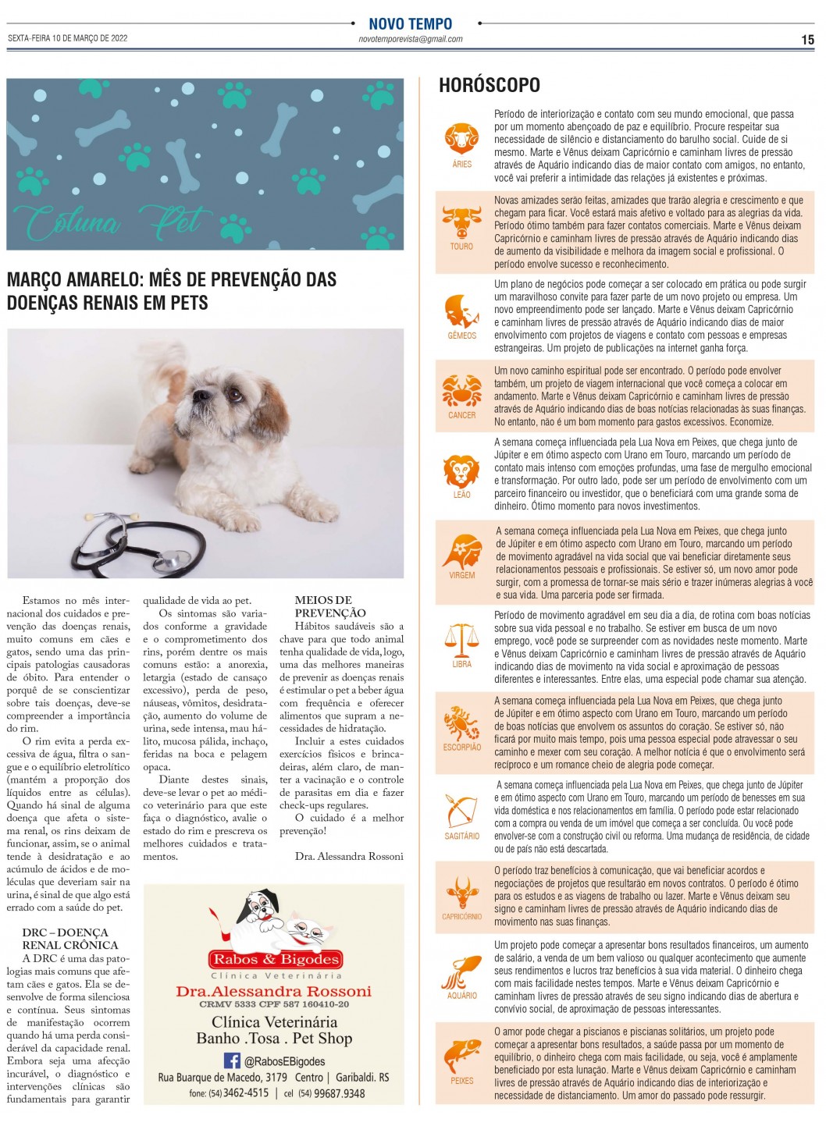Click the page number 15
pos(807,40)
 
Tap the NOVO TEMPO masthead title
pos(410,23)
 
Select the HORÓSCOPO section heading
pos(489,85)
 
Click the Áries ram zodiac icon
pos(461,138)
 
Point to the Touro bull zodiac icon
pos(461,222)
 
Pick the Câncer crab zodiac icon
pos(461,390)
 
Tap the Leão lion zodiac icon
pos(461,471)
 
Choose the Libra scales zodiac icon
pos(461,638)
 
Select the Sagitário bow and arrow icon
pos(461,812)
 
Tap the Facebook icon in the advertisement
pos(232,1060)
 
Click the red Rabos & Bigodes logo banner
pos(276,959)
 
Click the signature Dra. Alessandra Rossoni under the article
pos(349,856)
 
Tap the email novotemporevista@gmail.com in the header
pos(410,39)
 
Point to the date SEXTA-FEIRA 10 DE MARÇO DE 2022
pos(67,38)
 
